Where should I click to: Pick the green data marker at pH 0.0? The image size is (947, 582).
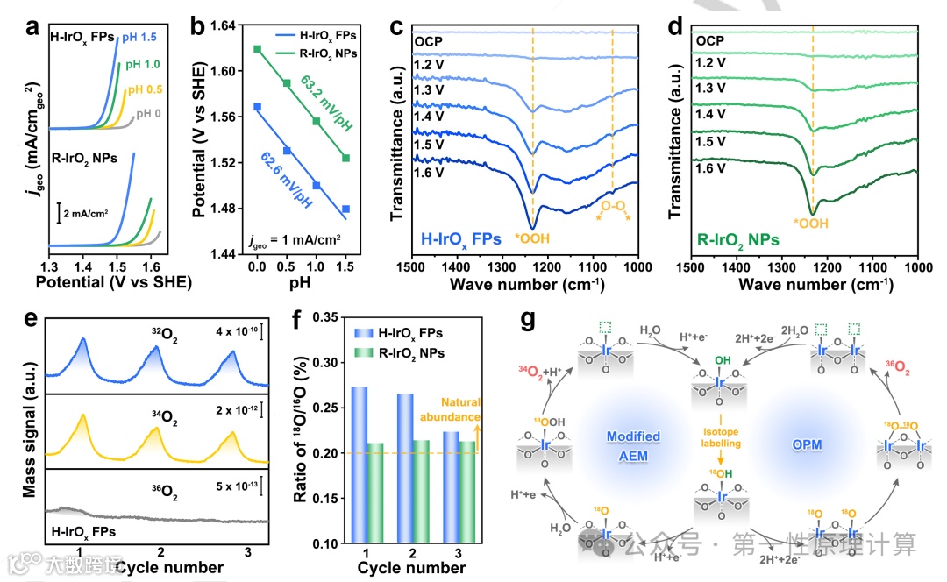[258, 49]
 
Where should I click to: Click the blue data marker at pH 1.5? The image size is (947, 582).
[346, 209]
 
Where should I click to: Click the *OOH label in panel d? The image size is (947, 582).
[812, 224]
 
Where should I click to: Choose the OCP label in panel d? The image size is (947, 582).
[710, 40]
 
